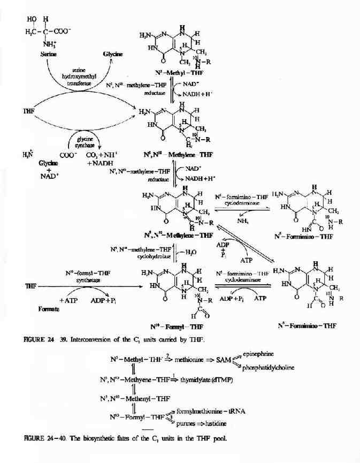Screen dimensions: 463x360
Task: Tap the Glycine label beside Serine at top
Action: pos(113,54)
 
